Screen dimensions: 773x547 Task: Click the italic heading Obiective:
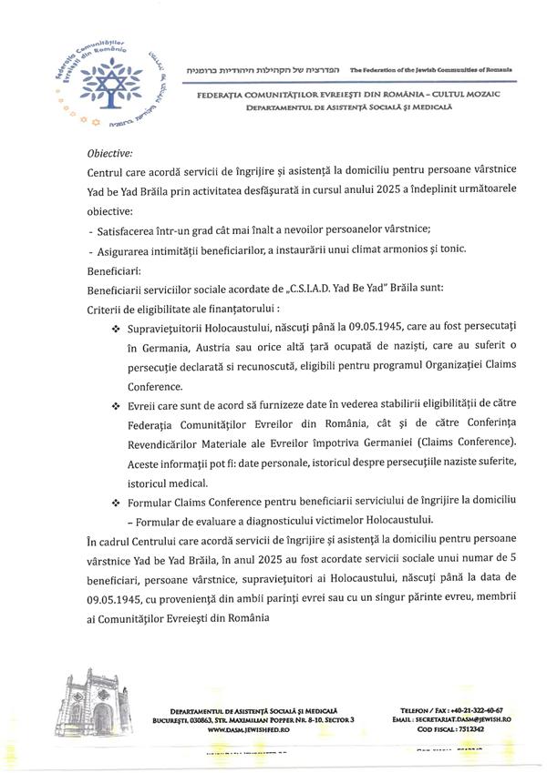point(109,153)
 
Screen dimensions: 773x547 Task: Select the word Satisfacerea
point(126,228)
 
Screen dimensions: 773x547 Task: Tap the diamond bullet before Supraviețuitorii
point(115,329)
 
